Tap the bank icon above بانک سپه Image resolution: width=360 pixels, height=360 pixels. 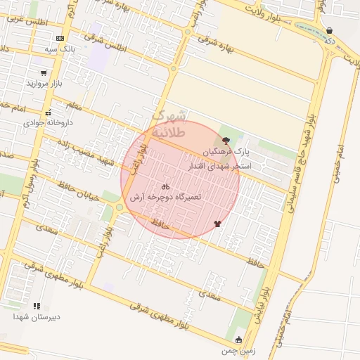point(60,38)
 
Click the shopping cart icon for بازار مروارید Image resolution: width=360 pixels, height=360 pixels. point(44,72)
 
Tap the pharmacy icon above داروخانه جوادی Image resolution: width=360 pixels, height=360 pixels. point(48,112)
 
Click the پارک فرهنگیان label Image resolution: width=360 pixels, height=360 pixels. point(226,152)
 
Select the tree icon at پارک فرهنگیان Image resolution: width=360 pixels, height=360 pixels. point(225,141)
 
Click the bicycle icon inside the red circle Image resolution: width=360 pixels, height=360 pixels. point(165,187)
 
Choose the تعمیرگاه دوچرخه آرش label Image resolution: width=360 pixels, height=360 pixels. point(167,198)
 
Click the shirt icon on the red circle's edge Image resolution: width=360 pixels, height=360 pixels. point(217,224)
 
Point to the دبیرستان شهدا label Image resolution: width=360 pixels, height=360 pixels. point(37,316)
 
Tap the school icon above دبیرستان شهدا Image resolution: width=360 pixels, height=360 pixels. point(37,306)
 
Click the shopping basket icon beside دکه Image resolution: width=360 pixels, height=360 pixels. point(330,31)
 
